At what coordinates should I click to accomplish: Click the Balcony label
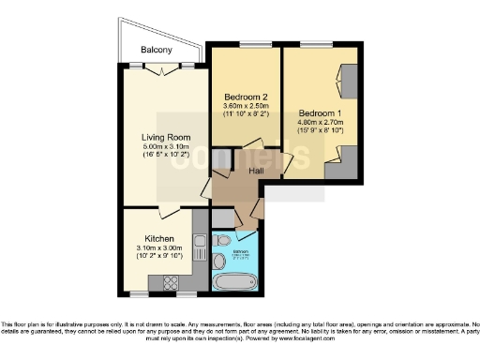point(156,50)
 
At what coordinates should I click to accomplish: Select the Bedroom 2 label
point(247,97)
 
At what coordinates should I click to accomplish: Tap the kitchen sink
point(199,247)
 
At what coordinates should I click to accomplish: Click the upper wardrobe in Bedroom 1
point(345,78)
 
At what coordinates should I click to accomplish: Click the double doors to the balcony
point(165,69)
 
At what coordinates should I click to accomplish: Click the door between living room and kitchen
point(168,212)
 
